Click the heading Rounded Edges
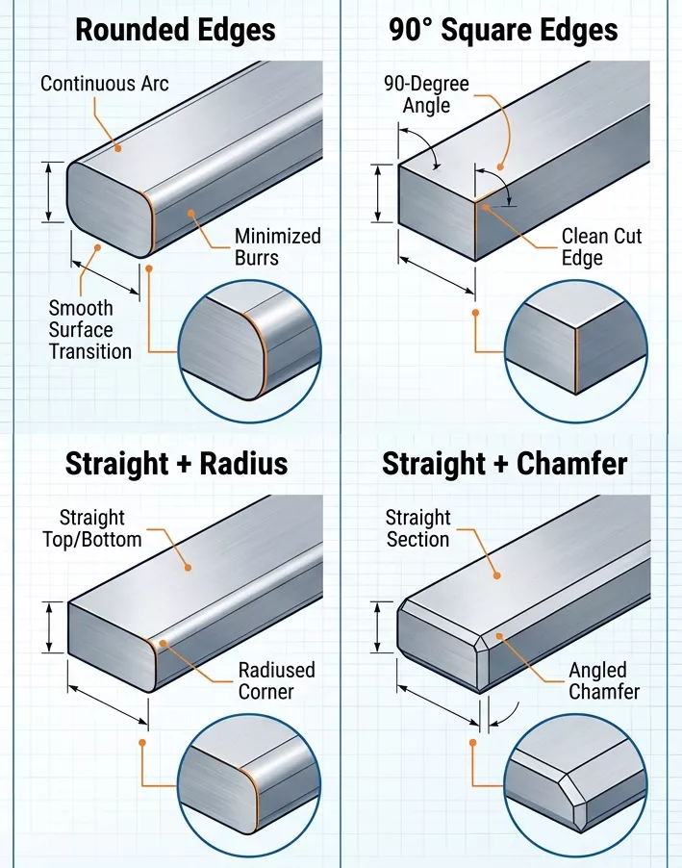point(175,29)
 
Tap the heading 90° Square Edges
point(503,29)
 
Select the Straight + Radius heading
point(176,464)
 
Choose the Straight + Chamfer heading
point(504,464)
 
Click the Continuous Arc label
point(104,84)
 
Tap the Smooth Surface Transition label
point(89,329)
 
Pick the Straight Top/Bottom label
point(91,528)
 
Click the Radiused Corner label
point(277,680)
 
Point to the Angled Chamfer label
point(603,680)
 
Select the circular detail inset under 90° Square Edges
point(576,350)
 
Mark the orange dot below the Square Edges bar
point(474,312)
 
